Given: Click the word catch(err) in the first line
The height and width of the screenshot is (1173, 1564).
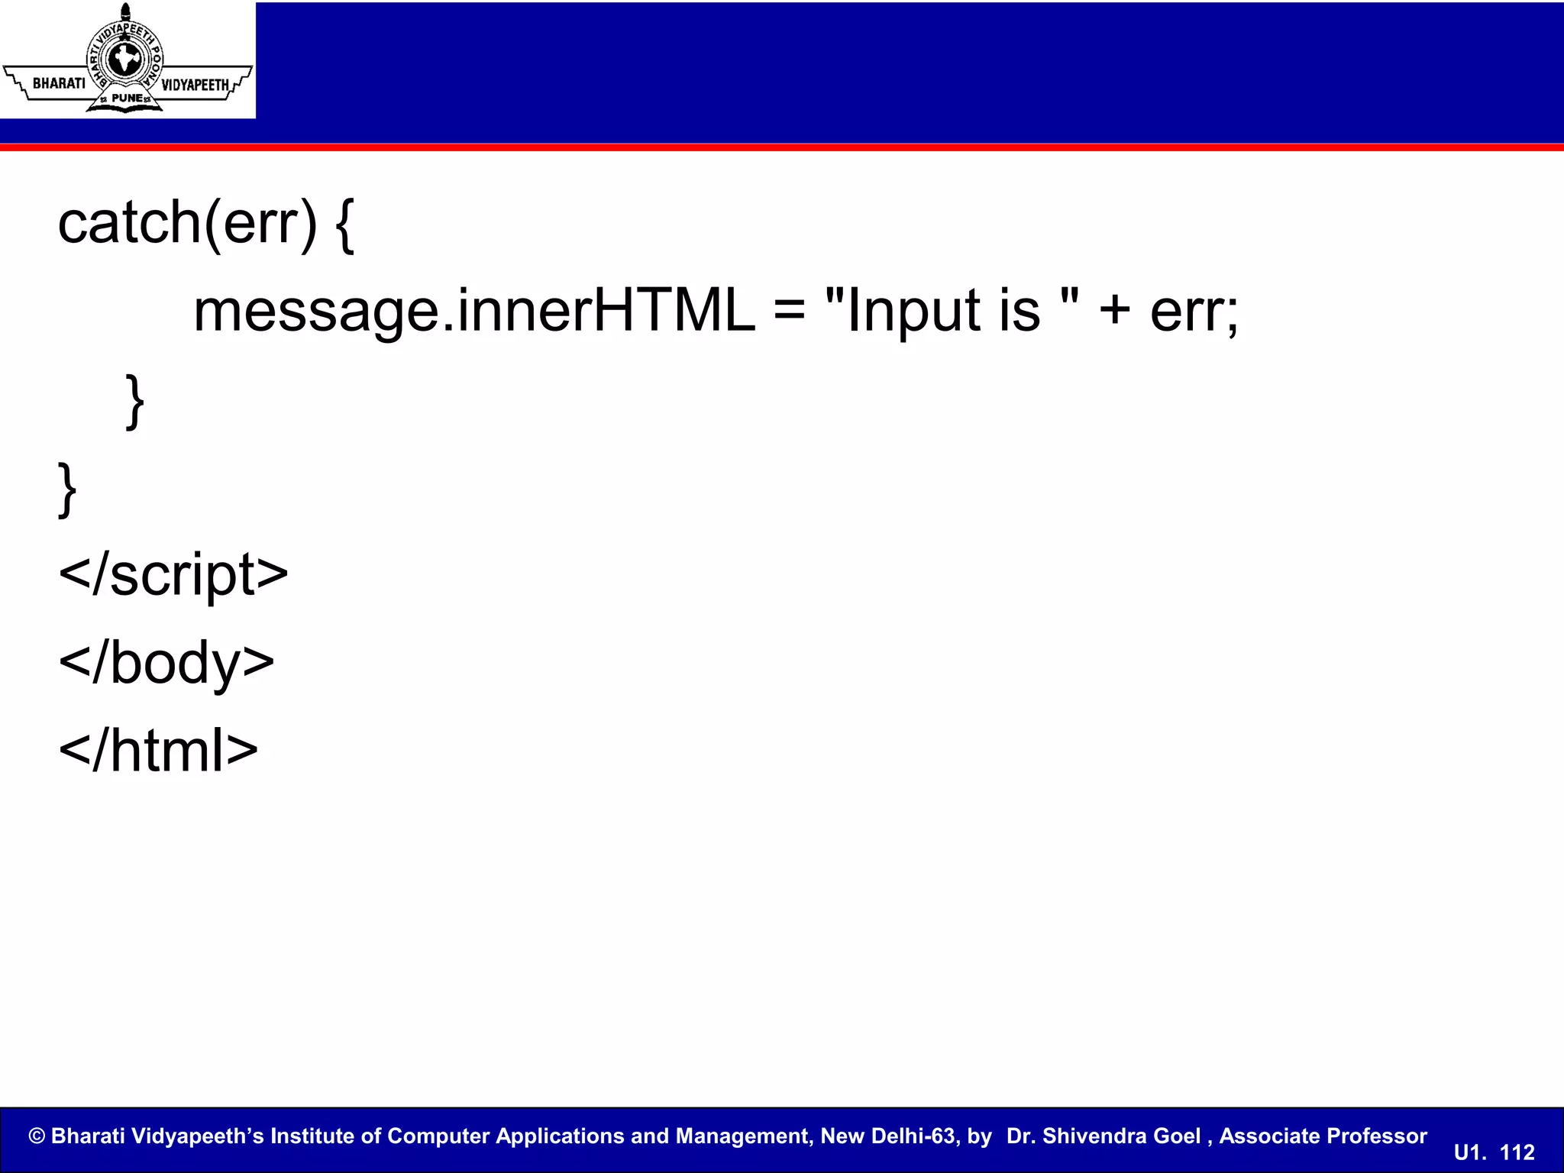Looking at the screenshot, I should pyautogui.click(x=187, y=223).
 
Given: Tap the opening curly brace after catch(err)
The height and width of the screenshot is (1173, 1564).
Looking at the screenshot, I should pyautogui.click(x=344, y=225).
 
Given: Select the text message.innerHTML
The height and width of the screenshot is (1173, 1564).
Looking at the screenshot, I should pyautogui.click(x=473, y=311).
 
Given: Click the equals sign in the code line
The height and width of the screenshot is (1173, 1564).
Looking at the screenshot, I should pyautogui.click(x=789, y=312).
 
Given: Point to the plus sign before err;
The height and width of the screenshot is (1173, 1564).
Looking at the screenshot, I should pyautogui.click(x=1114, y=312).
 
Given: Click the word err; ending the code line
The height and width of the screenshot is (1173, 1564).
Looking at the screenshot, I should pyautogui.click(x=1194, y=312).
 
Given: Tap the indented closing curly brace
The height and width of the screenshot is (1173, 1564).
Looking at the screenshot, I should pyautogui.click(x=134, y=401).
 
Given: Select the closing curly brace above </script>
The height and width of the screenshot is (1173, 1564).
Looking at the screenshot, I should pyautogui.click(x=67, y=490).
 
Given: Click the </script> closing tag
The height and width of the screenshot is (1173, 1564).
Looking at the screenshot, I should pyautogui.click(x=173, y=574).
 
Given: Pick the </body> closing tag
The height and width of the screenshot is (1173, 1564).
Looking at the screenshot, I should pyautogui.click(x=166, y=662).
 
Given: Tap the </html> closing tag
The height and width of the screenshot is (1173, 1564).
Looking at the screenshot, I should pyautogui.click(x=158, y=750).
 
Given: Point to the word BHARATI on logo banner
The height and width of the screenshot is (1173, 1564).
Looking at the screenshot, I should pyautogui.click(x=59, y=83).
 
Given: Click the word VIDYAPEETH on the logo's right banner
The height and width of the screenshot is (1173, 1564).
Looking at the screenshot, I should pyautogui.click(x=195, y=85).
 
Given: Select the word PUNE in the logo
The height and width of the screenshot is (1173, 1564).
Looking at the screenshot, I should pyautogui.click(x=127, y=99).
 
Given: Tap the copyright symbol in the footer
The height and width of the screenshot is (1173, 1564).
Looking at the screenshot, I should pyautogui.click(x=37, y=1136).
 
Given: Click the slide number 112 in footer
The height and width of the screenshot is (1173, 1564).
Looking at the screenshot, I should pyautogui.click(x=1517, y=1152).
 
